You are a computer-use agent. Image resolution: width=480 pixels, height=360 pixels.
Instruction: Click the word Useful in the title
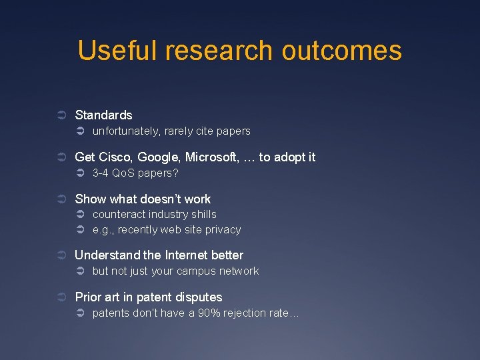coord(117,51)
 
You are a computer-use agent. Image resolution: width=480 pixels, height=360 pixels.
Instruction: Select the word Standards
coord(103,115)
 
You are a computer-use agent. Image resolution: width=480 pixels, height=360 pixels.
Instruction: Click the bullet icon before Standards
coord(61,115)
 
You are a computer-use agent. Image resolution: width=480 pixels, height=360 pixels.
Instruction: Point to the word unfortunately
coord(126,131)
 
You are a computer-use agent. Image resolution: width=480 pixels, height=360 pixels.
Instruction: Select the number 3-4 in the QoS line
coord(100,173)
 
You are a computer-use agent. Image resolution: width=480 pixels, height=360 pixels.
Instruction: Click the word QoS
coord(123,173)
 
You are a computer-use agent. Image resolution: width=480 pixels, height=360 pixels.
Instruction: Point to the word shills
coord(204,215)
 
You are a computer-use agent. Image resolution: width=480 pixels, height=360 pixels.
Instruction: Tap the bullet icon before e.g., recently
coord(79,230)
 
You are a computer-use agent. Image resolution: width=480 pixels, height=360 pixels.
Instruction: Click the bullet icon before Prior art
coord(61,297)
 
